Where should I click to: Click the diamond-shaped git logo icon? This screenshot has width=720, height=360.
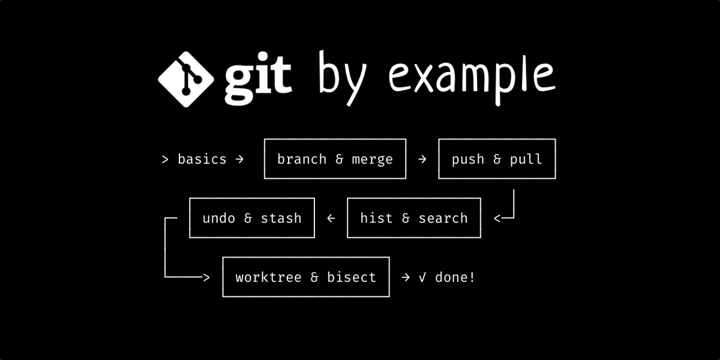[x=186, y=79]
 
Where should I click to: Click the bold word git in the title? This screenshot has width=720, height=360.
[x=258, y=79]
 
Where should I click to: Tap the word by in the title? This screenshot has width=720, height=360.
[x=343, y=78]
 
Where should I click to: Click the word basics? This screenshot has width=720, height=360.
[x=202, y=159]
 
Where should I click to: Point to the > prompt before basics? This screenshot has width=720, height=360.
[x=165, y=160]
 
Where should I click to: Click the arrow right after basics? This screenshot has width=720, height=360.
[x=239, y=159]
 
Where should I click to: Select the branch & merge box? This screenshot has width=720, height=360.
[x=335, y=159]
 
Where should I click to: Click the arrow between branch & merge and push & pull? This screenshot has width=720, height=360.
[x=422, y=159]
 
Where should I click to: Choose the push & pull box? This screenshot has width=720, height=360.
[x=497, y=159]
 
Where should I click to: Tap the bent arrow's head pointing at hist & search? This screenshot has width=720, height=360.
[x=497, y=218]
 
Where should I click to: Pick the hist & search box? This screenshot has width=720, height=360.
[x=414, y=218]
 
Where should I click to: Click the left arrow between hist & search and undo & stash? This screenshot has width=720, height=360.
[x=331, y=218]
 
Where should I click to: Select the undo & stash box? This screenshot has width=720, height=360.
[x=252, y=218]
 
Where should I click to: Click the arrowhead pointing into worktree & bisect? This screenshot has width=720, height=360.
[x=206, y=277]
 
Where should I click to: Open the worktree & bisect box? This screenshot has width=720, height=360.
[x=306, y=277]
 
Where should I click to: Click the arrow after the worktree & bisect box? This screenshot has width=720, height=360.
[x=406, y=277]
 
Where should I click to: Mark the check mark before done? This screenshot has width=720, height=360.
[x=422, y=277]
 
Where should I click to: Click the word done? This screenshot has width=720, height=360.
[x=455, y=277]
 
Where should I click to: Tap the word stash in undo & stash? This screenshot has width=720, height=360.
[x=281, y=218]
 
